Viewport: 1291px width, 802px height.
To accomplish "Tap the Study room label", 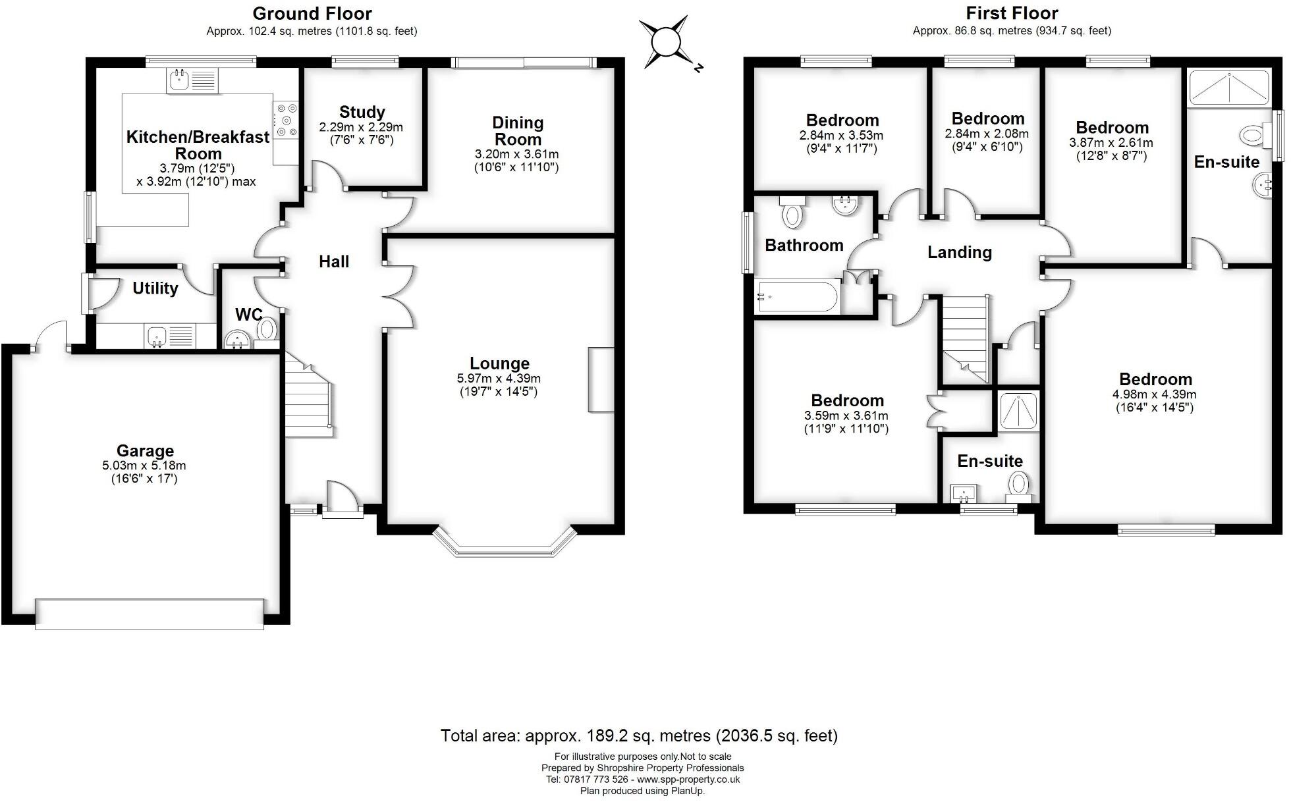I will click(x=362, y=112).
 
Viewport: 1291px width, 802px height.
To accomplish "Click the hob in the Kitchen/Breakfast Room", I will click(x=286, y=120).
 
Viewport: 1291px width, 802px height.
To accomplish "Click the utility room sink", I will click(x=157, y=336).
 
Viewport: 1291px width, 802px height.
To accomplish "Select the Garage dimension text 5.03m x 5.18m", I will click(x=144, y=466).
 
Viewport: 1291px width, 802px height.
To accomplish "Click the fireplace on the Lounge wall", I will click(x=601, y=380).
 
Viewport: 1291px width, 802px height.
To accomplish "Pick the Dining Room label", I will click(x=518, y=131).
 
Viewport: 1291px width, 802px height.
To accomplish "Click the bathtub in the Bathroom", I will click(x=798, y=297).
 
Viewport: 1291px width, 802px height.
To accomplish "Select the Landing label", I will click(x=959, y=252).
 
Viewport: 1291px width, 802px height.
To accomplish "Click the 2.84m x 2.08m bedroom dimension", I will click(x=987, y=134).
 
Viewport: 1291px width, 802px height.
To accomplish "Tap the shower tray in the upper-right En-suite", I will click(x=1228, y=88).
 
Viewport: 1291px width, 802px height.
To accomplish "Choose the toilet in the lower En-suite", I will click(x=1018, y=485).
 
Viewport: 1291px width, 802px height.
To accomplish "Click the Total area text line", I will click(x=639, y=735).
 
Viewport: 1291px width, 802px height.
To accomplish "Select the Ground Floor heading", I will click(x=312, y=13).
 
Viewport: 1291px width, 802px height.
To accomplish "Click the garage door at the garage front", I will click(x=150, y=614).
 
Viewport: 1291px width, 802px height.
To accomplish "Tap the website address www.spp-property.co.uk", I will click(x=688, y=780).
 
